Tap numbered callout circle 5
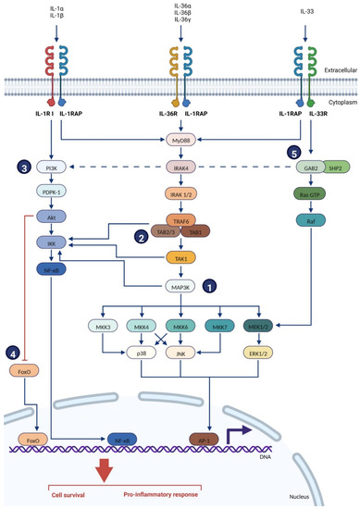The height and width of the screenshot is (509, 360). point(267,153)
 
